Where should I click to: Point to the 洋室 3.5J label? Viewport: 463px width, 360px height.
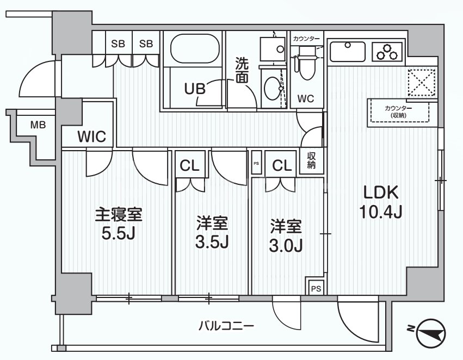click(212, 232)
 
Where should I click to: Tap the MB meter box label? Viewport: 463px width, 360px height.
click(38, 125)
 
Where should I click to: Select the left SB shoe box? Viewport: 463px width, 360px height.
click(118, 44)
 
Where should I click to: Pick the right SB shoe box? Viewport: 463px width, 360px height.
click(145, 44)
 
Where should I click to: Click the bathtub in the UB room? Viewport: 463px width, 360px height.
click(193, 50)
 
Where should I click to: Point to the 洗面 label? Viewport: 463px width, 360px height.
click(242, 71)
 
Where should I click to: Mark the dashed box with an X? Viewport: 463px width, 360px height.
click(422, 82)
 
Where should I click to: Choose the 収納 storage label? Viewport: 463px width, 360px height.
click(311, 161)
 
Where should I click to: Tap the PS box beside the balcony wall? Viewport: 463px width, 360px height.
click(315, 289)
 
